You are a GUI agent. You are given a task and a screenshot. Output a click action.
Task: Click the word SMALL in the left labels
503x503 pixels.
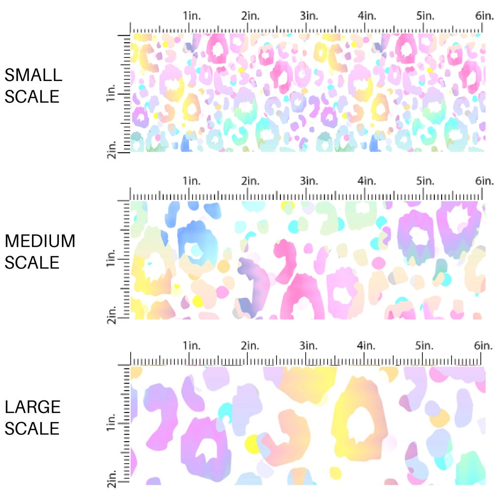pyautogui.click(x=33, y=75)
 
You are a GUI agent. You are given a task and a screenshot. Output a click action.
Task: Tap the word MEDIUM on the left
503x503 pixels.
pyautogui.click(x=40, y=241)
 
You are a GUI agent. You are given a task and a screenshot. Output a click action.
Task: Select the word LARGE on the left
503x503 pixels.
pyautogui.click(x=33, y=407)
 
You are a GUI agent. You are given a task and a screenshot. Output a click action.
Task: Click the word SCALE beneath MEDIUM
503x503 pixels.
pyautogui.click(x=32, y=262)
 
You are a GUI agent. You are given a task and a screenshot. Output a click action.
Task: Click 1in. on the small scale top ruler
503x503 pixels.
pyautogui.click(x=192, y=16)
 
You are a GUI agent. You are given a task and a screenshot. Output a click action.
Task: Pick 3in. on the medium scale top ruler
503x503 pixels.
pyautogui.click(x=309, y=181)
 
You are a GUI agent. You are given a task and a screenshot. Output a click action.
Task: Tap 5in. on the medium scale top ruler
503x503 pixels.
pyautogui.click(x=425, y=181)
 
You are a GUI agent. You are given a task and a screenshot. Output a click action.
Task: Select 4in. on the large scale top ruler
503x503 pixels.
pyautogui.click(x=367, y=346)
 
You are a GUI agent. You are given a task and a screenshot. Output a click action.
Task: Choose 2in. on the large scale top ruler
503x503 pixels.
pyautogui.click(x=251, y=346)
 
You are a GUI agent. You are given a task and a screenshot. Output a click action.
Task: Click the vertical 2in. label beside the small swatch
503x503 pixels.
pyautogui.click(x=111, y=148)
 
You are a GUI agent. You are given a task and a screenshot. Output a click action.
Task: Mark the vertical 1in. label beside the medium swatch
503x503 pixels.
pyautogui.click(x=111, y=258)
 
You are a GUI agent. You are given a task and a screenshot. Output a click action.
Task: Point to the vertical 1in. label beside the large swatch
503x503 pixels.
pyautogui.click(x=111, y=423)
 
